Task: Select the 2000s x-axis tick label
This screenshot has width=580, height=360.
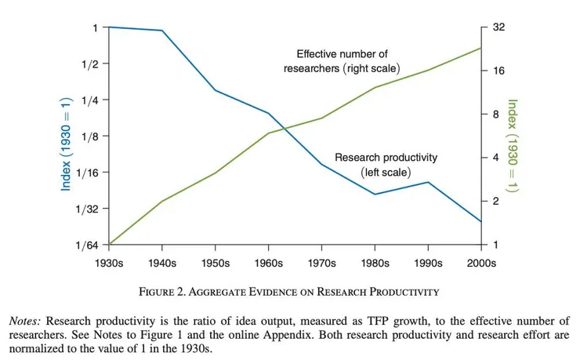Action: pos(481,263)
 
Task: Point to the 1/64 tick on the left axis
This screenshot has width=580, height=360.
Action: pos(88,245)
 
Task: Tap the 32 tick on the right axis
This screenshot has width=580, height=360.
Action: pos(499,27)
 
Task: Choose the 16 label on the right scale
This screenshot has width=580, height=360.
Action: pos(499,71)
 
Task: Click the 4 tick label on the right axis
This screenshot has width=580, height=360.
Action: pos(496,158)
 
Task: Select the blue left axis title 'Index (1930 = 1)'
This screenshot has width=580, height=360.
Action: pos(67,136)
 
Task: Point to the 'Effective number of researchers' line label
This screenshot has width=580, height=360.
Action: pos(342,61)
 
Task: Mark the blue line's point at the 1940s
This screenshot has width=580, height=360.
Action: pos(161,31)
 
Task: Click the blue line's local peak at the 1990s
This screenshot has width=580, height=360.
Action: pos(428,182)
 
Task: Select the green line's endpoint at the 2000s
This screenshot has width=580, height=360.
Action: pos(480,48)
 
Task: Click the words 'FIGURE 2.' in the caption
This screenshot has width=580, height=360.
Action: pos(162,292)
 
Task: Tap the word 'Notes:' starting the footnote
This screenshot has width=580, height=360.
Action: pos(27,322)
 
